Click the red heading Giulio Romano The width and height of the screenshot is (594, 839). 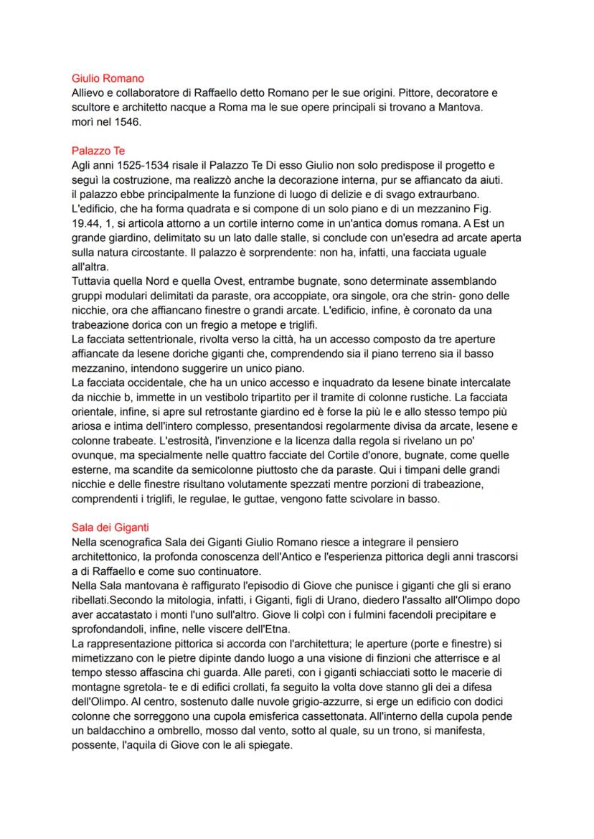(108, 78)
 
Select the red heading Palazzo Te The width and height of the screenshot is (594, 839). (98, 151)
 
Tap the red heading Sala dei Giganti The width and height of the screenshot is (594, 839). (110, 528)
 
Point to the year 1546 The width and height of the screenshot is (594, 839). (125, 122)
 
